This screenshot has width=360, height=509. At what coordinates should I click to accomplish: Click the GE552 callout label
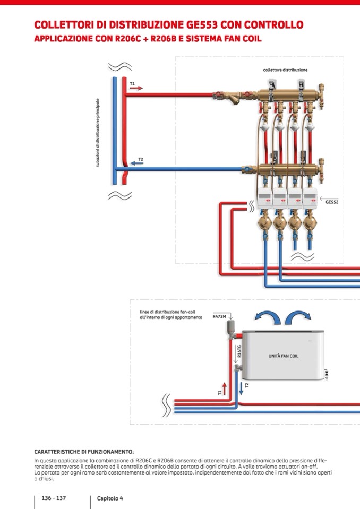[x=332, y=202]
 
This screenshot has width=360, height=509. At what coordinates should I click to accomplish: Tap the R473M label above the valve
[x=219, y=316]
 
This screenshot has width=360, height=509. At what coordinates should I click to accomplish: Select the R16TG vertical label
[x=239, y=351]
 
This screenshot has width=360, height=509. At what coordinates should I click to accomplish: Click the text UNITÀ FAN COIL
[x=283, y=356]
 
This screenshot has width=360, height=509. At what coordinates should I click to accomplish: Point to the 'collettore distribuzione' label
[x=285, y=70]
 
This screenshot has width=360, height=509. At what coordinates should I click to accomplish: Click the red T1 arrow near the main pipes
[x=136, y=88]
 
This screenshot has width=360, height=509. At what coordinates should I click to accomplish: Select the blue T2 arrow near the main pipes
[x=136, y=163]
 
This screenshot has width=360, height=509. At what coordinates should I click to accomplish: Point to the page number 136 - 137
[x=54, y=498]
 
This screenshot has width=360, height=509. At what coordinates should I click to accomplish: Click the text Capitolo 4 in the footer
[x=110, y=498]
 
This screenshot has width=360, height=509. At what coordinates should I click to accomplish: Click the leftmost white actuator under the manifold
[x=264, y=197]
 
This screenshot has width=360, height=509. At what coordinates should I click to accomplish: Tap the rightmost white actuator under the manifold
[x=310, y=197]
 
